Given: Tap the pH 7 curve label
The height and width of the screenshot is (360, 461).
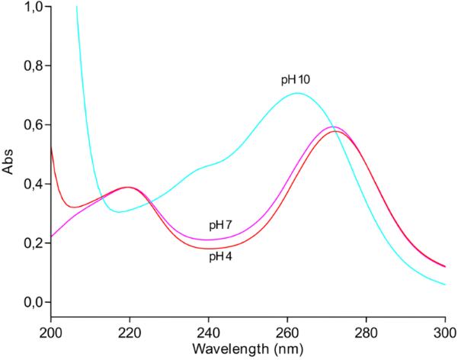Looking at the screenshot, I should (222, 226).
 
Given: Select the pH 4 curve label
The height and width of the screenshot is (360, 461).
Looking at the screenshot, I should (222, 256).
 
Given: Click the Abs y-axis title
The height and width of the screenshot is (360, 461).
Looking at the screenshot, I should (9, 162).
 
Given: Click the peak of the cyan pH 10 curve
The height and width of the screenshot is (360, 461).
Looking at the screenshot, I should (297, 94).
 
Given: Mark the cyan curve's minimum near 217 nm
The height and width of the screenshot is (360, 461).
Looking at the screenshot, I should (119, 212).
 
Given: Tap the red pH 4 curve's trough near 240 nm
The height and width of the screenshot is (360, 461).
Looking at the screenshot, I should (208, 249).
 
